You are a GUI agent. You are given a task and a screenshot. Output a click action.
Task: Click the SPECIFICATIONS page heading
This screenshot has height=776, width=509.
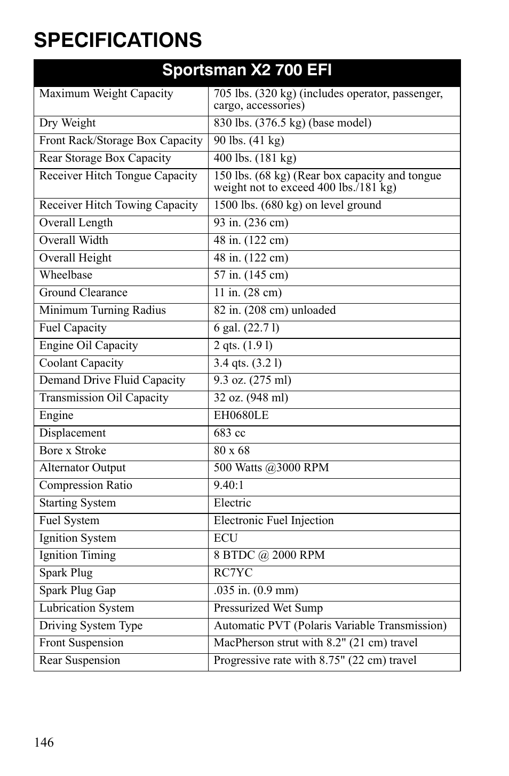pos(118,40)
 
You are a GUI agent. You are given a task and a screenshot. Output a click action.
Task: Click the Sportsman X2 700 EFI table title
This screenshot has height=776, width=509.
pos(247,70)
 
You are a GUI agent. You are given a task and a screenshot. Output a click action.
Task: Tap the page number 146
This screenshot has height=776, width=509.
pos(44,742)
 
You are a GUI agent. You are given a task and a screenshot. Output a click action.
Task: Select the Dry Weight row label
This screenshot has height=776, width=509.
pos(67,123)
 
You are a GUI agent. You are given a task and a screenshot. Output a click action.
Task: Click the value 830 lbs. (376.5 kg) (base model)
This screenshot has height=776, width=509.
pos(292,123)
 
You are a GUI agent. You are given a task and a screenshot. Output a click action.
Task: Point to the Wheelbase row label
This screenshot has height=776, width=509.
pos(66,275)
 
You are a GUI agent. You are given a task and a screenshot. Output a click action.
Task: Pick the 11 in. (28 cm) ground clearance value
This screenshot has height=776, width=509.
pos(248,293)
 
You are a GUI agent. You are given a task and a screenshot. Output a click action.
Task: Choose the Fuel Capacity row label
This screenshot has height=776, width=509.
pos(73,328)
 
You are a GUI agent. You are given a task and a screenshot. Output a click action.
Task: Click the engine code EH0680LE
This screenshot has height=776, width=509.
pos(241,416)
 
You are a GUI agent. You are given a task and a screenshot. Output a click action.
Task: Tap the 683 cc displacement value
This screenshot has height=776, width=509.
pos(229,433)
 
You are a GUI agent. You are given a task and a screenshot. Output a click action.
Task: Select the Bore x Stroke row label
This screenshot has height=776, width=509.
pos(73,451)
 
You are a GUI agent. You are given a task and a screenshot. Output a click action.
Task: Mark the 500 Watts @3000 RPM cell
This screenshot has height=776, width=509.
pos(271,468)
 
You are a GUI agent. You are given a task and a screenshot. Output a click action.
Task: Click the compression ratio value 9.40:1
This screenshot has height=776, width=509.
pos(228,486)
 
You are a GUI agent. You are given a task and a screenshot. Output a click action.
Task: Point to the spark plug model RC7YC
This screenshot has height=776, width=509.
pos(233,573)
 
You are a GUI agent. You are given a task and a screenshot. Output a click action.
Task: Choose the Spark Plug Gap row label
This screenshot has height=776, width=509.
pos(77,591)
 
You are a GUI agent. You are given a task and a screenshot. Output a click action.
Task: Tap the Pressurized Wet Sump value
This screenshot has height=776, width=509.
pos(268,608)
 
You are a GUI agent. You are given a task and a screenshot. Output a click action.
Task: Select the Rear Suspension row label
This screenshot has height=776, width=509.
pos(79,661)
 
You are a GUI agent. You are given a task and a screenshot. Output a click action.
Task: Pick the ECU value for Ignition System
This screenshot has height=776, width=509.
pos(226,539)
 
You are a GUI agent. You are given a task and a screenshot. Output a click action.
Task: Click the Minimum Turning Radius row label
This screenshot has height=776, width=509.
pos(102,311)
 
